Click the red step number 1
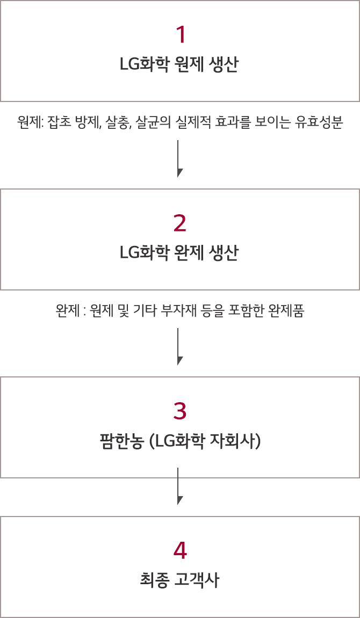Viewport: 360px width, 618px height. coord(180,35)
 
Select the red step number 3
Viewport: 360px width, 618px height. coord(180,411)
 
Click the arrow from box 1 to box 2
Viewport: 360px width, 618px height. coord(178,158)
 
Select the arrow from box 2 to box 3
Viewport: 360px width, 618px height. coord(178,346)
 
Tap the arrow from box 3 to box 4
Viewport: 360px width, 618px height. coord(178,486)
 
